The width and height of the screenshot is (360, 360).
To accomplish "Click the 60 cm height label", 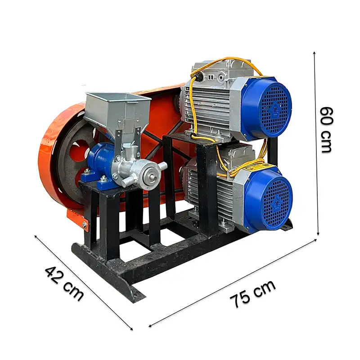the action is coord(326,130).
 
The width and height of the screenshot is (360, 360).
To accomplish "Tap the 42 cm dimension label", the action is coord(64,283).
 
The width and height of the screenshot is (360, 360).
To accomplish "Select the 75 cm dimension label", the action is coord(252,294).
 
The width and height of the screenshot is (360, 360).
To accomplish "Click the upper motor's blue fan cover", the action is coord(266,108).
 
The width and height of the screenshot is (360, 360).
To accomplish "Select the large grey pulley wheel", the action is coord(73,158).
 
